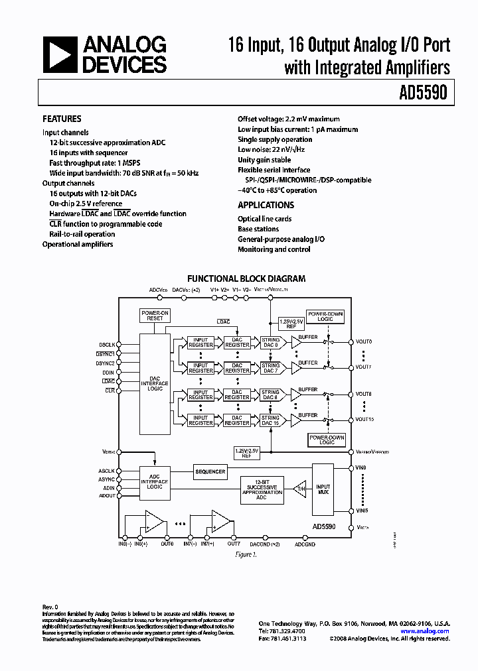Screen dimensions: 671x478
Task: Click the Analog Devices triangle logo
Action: pos(60,54)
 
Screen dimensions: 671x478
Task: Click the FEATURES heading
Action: pos(62,119)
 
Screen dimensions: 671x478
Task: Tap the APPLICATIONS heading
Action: pos(266,205)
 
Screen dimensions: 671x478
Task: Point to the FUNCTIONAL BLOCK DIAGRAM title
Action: pos(246,279)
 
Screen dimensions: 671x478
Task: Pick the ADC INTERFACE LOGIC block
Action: pos(155,481)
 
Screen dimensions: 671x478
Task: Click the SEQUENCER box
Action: pos(210,471)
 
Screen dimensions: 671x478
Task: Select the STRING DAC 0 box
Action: pos(270,342)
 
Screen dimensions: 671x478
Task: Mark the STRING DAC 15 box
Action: pos(270,420)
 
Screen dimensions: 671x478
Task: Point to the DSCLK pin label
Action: pos(107,344)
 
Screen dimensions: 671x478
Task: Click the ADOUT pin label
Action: pos(107,495)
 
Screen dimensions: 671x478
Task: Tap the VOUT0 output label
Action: pos(364,341)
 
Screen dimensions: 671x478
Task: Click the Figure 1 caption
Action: pos(245,554)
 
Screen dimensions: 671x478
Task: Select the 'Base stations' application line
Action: pos(258,229)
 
